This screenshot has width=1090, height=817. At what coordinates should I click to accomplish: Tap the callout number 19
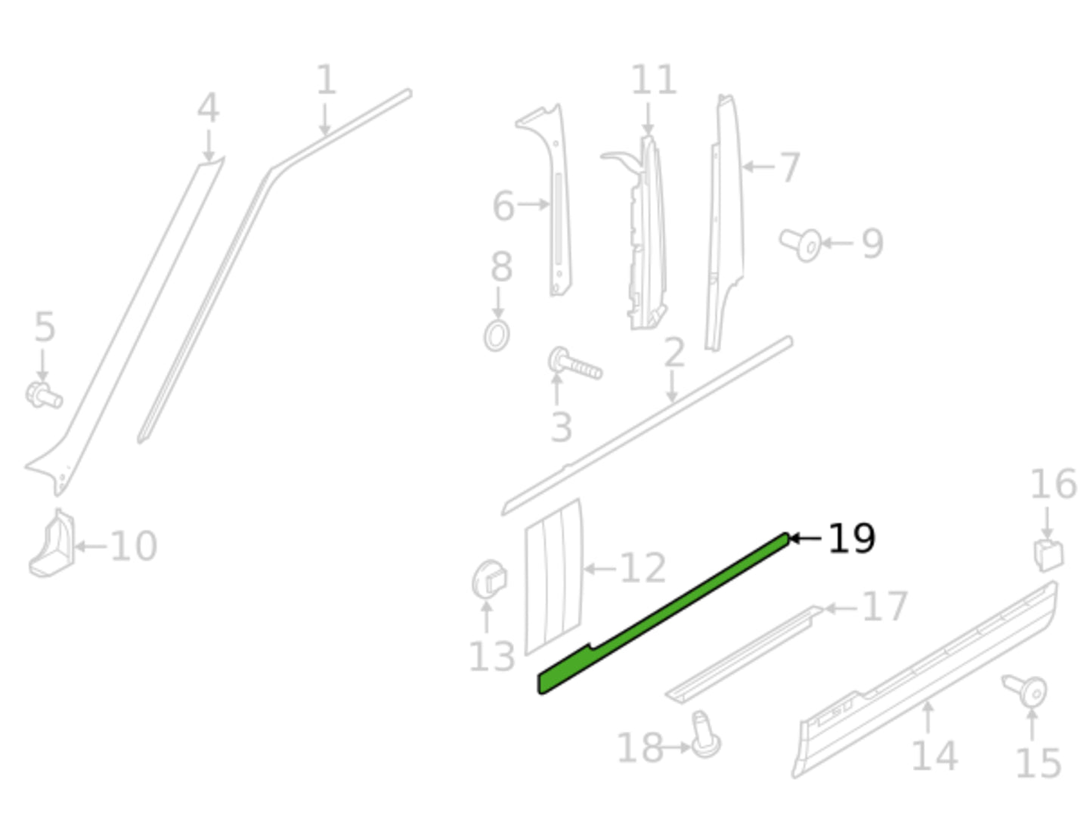(851, 539)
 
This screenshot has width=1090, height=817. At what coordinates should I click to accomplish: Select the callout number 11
(654, 79)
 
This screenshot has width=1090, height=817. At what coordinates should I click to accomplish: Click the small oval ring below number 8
(497, 336)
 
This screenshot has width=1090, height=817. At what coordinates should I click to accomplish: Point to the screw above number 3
(574, 363)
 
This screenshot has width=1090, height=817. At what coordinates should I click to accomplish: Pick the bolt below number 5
(44, 396)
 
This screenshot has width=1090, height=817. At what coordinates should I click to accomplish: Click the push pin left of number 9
(800, 244)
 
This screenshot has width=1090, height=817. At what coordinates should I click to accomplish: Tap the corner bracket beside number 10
(52, 544)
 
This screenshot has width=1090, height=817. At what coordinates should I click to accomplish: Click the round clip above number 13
(489, 579)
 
